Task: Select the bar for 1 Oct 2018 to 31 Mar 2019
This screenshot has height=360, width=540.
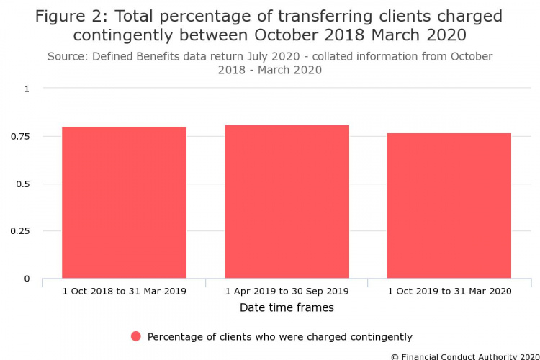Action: [x=124, y=202]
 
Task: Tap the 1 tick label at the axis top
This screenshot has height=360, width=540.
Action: [x=28, y=89]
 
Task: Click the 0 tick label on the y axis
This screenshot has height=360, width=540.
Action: [x=28, y=279]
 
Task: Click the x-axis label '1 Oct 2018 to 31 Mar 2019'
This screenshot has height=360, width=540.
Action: [x=124, y=291]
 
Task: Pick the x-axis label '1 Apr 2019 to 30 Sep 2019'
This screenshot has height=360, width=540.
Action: [x=287, y=291]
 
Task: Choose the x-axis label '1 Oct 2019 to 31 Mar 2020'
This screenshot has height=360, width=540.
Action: [x=449, y=291]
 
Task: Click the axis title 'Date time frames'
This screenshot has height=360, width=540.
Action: [x=287, y=307]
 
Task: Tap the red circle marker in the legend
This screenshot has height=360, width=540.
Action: [x=136, y=336]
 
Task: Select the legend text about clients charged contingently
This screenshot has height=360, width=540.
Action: [x=279, y=336]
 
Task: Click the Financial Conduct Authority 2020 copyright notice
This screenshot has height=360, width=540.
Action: [x=465, y=356]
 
